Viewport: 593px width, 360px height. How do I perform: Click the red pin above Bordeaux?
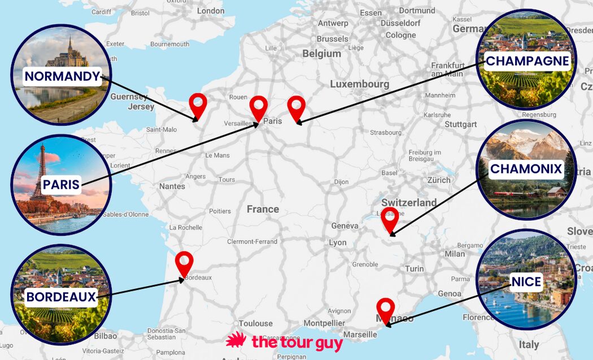tap(184, 262)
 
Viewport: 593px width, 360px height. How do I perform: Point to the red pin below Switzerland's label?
tap(389, 218)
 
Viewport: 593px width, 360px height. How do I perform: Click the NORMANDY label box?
tap(62, 77)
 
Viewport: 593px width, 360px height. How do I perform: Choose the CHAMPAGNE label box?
tap(527, 61)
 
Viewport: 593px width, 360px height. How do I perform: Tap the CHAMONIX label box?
tap(526, 169)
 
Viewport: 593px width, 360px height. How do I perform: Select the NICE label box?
tap(526, 281)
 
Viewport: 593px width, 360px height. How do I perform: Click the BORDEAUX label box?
tap(61, 297)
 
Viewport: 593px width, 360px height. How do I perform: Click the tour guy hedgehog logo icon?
tap(237, 341)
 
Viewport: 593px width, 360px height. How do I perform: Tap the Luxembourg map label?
tap(359, 84)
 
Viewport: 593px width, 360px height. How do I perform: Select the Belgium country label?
tap(321, 54)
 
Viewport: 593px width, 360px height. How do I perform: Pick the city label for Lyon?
tap(338, 242)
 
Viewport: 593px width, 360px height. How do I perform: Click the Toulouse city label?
tap(255, 323)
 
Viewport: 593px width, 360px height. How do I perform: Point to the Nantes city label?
tap(172, 186)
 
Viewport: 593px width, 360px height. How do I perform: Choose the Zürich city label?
tap(439, 180)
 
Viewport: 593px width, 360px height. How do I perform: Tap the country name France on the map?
tap(263, 209)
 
